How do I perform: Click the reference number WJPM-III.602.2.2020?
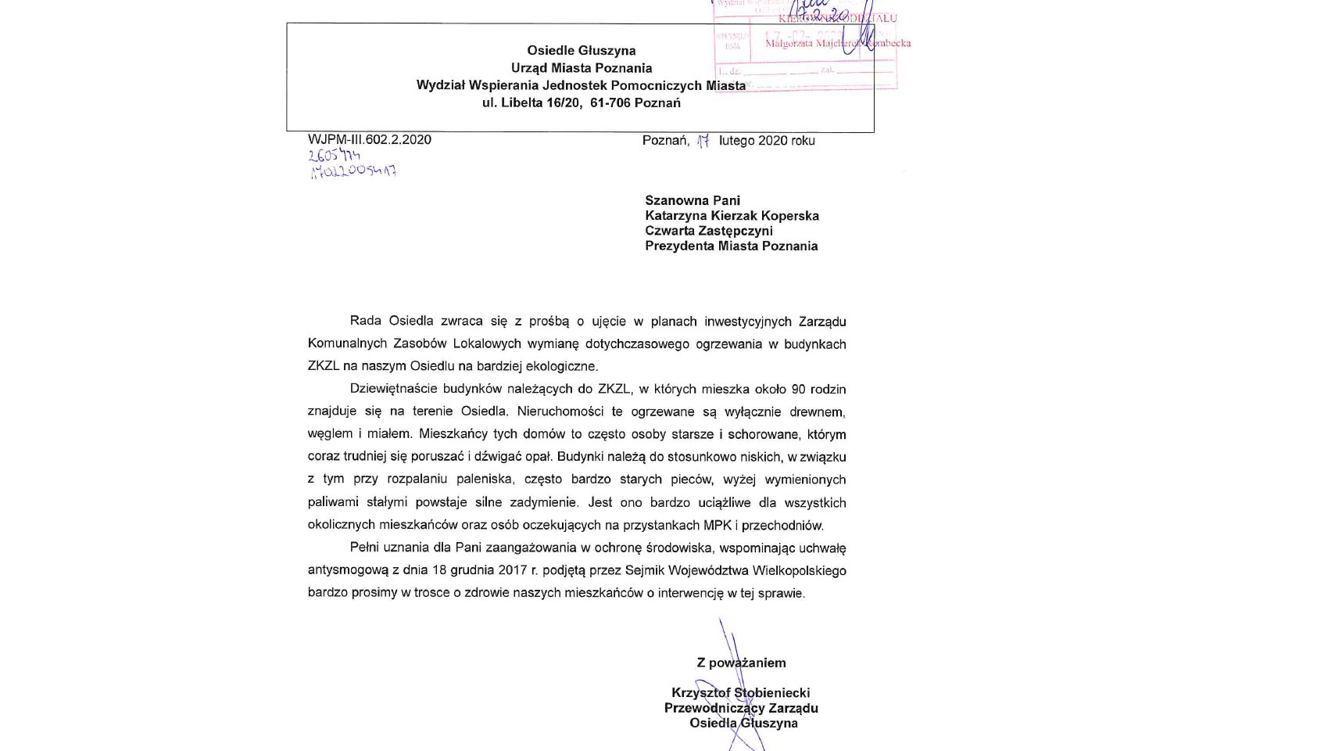tap(369, 140)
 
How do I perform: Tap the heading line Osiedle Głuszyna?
tap(581, 51)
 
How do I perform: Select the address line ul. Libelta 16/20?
tap(532, 102)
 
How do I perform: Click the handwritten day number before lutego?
tap(703, 141)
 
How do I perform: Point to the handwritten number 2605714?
tap(334, 156)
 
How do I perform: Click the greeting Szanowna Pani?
tap(692, 200)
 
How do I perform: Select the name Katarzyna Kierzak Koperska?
tap(732, 216)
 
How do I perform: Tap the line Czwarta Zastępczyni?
tap(708, 231)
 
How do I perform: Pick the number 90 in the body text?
tap(798, 389)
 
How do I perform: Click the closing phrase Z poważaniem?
tap(741, 663)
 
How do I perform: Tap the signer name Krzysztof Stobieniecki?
tap(740, 693)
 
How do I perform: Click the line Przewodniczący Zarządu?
tap(740, 708)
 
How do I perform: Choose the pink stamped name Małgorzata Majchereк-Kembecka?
tap(837, 44)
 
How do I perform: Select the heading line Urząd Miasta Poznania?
tap(581, 68)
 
